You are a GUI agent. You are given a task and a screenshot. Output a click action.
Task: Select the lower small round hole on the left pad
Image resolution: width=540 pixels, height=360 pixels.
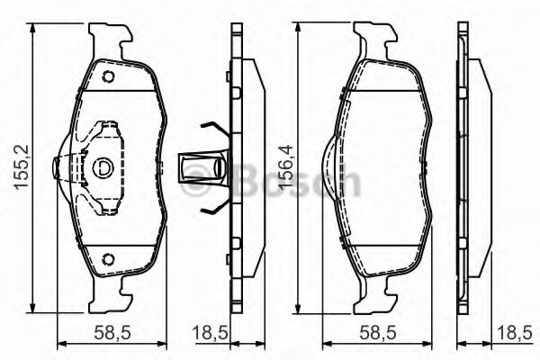(x=109, y=261)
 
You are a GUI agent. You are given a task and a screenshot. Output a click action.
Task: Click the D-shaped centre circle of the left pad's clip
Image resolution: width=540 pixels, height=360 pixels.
(x=102, y=167)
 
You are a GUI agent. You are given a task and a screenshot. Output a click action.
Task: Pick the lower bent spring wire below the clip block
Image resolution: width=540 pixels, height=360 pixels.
(x=213, y=210)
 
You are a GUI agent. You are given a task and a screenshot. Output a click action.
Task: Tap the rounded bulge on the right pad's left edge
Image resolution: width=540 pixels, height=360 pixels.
(x=330, y=168)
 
